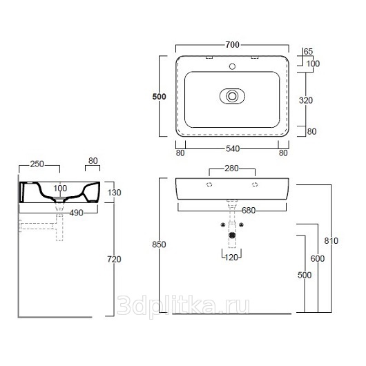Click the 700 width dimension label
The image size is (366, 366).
(x=233, y=45)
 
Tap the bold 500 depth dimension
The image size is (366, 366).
(x=159, y=97)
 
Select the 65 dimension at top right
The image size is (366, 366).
(x=309, y=51)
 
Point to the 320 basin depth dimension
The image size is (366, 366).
(x=306, y=100)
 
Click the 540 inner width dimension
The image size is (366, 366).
(x=233, y=148)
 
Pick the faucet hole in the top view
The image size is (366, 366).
(x=232, y=66)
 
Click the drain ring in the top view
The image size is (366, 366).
(x=232, y=96)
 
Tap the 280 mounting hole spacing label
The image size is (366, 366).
(x=231, y=168)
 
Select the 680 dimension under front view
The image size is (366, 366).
(x=249, y=211)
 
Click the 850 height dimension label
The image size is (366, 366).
(x=159, y=244)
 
